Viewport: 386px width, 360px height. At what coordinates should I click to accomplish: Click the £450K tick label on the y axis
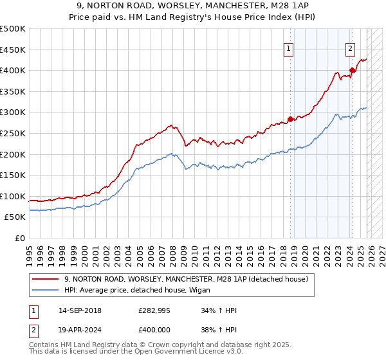coord(13,50)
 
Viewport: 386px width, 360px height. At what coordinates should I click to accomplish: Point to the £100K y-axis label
coord(13,196)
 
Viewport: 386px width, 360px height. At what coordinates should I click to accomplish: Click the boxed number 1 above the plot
coord(289,48)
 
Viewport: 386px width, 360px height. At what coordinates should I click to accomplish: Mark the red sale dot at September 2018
coord(290,119)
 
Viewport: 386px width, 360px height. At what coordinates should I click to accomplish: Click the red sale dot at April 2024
coord(352,70)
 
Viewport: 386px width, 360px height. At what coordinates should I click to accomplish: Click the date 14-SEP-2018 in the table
coord(80,310)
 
